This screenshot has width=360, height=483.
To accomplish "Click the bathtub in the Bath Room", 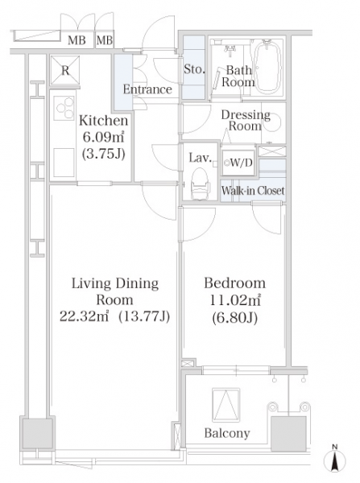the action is point(268,67).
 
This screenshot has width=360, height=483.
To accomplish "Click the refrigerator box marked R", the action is point(65,70).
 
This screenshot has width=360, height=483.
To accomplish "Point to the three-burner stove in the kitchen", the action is point(64,108).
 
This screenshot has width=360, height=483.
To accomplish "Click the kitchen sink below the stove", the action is point(64,163).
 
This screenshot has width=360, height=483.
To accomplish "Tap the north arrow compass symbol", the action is point(335,460).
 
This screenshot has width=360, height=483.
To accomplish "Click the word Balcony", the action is point(227,433).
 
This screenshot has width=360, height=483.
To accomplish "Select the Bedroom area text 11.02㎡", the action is point(235,299).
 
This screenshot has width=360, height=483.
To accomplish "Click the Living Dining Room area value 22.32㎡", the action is point(84,316).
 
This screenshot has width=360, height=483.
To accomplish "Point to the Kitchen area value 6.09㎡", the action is point(103,137).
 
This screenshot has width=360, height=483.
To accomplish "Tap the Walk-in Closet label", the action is point(253,191).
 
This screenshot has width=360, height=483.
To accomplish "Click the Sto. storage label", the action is point(194,69).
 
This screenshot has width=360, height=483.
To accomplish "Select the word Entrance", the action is point(147,89).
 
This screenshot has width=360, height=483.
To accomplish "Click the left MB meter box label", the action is point(77,40).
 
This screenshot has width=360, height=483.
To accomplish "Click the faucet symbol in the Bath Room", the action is point(230,51).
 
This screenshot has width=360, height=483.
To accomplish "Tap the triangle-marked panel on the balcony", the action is point(226,405).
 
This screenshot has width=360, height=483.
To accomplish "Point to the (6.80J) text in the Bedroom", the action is point(235,317).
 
